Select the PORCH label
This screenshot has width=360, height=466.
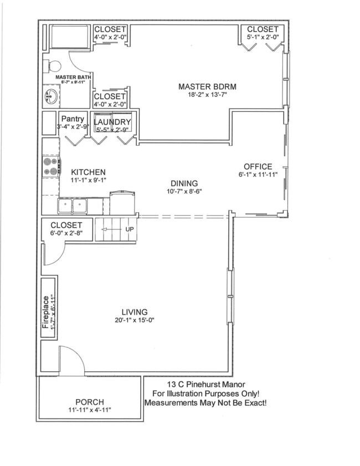click(x=89, y=402)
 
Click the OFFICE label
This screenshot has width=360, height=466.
click(x=258, y=166)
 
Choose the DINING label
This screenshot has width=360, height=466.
click(x=184, y=183)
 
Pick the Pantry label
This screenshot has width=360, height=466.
click(x=73, y=119)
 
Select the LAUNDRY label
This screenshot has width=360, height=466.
click(x=112, y=122)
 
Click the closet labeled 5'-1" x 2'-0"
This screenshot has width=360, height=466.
click(x=263, y=37)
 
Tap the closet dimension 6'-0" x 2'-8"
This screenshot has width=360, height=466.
click(x=66, y=234)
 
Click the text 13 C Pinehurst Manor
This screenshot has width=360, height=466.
click(x=206, y=384)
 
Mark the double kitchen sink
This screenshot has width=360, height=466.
click(x=73, y=206)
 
